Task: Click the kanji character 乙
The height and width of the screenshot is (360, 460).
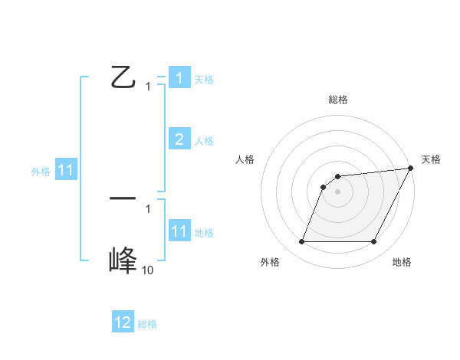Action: tap(123, 78)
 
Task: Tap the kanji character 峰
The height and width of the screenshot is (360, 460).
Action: tap(123, 260)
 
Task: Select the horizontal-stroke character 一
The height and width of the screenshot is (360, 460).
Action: tap(123, 198)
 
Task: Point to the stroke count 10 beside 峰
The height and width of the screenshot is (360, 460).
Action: tap(147, 270)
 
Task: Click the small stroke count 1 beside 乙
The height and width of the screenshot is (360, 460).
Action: tap(148, 87)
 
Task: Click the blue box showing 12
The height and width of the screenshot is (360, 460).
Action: tap(123, 322)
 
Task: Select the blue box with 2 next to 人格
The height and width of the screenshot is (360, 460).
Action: tap(179, 139)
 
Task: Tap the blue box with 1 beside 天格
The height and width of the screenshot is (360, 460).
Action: tap(179, 78)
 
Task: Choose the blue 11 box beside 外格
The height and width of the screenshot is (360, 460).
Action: tap(66, 171)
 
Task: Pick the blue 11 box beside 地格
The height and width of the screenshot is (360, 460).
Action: tap(179, 231)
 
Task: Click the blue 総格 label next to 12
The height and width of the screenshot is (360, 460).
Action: tap(147, 324)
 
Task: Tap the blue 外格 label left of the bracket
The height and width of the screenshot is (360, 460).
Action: tap(41, 172)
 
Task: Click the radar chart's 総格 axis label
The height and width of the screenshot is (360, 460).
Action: tap(337, 100)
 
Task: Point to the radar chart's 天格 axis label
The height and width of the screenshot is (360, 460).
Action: tap(431, 159)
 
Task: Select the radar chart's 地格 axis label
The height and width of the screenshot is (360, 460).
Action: tap(401, 262)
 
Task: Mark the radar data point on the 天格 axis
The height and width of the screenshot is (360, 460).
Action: tap(410, 168)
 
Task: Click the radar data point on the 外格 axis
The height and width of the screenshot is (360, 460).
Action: tap(301, 242)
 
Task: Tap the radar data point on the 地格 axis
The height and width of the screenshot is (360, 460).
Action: tap(374, 242)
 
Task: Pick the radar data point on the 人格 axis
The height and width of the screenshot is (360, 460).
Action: tap(324, 186)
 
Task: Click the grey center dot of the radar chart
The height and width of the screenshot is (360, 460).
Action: tap(337, 191)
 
